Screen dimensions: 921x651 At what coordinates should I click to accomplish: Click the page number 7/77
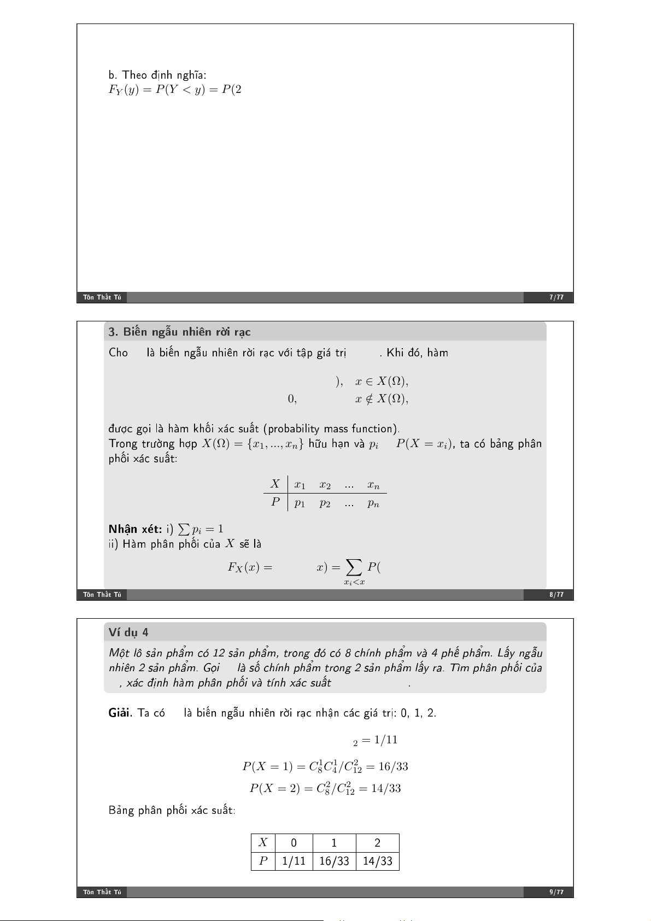[556, 297]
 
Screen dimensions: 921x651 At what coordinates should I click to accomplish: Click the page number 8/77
[556, 595]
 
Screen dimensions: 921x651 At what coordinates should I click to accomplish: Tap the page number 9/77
[556, 892]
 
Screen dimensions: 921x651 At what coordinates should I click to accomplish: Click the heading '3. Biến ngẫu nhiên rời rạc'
[179, 332]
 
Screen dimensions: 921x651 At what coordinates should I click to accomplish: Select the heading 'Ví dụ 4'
[128, 632]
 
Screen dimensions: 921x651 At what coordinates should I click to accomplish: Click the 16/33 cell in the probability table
[334, 861]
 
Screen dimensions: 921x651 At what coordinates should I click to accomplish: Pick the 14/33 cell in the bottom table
[377, 861]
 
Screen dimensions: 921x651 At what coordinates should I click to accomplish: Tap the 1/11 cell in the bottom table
[294, 861]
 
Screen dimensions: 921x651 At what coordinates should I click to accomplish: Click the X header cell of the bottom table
[263, 842]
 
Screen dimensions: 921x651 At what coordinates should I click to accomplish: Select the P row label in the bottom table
[263, 861]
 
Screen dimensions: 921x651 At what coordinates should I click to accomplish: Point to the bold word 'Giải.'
[120, 713]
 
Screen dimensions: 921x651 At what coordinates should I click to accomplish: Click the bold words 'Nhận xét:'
[135, 529]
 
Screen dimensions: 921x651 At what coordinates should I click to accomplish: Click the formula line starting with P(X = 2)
[325, 788]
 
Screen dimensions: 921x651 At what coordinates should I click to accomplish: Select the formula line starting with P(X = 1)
[325, 766]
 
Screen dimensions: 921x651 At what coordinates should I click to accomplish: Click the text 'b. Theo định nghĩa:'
[157, 75]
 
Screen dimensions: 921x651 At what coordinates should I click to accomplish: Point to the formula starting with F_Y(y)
[175, 90]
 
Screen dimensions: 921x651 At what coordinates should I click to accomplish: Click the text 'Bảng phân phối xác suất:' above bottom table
[172, 810]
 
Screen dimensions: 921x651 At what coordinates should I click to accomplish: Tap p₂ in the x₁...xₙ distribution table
[325, 503]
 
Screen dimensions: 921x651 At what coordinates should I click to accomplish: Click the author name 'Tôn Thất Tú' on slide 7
[102, 297]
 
